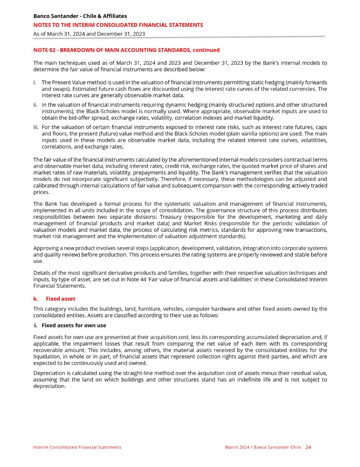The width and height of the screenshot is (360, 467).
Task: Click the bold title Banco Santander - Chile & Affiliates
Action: (x=80, y=16)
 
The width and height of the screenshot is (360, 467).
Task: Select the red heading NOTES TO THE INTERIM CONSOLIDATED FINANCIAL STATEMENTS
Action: (x=118, y=25)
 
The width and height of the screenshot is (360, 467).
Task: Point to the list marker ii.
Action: (x=36, y=105)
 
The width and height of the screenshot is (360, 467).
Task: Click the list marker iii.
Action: (x=36, y=127)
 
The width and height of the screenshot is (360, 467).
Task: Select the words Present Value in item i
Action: (x=71, y=82)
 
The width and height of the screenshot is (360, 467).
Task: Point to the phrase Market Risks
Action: (x=200, y=223)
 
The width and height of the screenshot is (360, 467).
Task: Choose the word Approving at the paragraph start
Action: (x=46, y=248)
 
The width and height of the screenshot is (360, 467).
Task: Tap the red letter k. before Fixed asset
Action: (x=36, y=299)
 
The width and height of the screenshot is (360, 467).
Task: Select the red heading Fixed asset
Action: (x=60, y=299)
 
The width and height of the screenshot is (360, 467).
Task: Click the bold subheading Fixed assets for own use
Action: (x=74, y=326)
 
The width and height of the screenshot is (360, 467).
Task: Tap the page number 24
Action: (x=308, y=447)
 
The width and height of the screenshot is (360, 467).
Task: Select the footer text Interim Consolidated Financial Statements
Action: (x=77, y=447)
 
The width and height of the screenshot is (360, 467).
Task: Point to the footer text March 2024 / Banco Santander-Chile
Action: (x=263, y=447)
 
